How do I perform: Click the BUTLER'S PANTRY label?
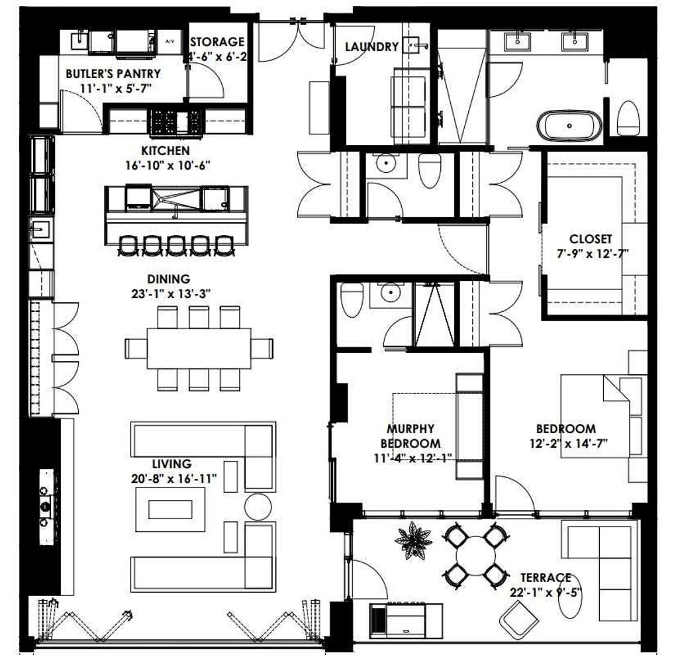[113, 74]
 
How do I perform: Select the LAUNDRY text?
[371, 46]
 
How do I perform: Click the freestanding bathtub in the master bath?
[569, 125]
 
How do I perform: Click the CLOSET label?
[591, 238]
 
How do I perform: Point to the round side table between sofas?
[258, 507]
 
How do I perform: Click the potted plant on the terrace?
[414, 540]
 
